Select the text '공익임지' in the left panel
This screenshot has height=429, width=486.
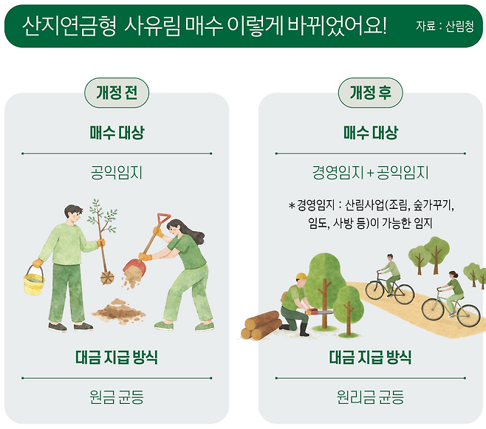(x=117, y=174)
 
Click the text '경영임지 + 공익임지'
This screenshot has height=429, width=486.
(x=370, y=174)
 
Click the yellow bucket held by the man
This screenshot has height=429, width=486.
(x=34, y=283)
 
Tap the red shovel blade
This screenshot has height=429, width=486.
(x=134, y=265)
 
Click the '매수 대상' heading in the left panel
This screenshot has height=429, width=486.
(x=117, y=133)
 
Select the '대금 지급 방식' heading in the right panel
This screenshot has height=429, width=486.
(x=370, y=358)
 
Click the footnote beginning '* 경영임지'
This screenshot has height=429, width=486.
(x=370, y=213)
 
